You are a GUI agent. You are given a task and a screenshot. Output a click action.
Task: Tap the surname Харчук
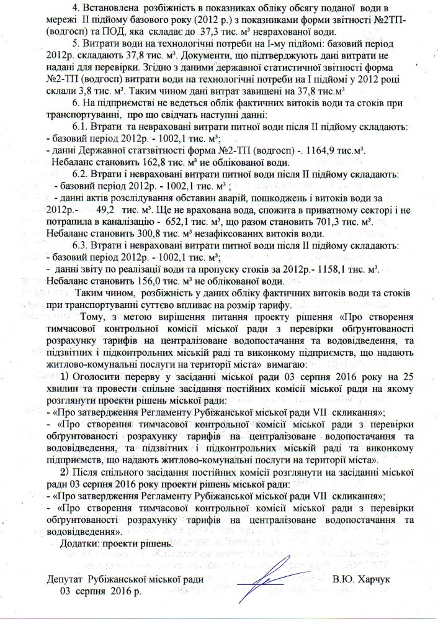pyautogui.click(x=372, y=579)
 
